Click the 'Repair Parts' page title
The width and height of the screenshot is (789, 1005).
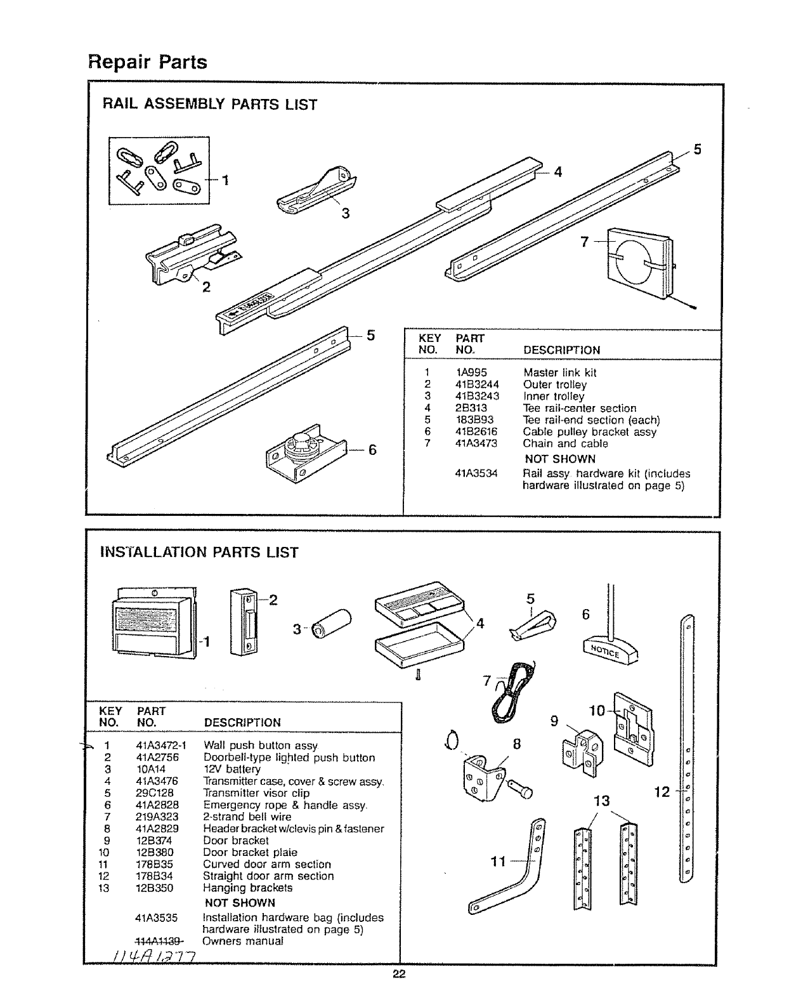pyautogui.click(x=147, y=62)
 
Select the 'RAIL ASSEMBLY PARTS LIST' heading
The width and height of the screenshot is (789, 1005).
pyautogui.click(x=210, y=104)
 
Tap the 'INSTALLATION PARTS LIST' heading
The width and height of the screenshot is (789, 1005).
pyautogui.click(x=199, y=552)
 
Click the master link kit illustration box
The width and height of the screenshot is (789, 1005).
pyautogui.click(x=159, y=171)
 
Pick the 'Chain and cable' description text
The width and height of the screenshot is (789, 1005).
pyautogui.click(x=565, y=443)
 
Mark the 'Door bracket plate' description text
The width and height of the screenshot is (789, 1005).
pyautogui.click(x=250, y=852)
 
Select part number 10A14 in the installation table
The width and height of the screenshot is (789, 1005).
pyautogui.click(x=151, y=769)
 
